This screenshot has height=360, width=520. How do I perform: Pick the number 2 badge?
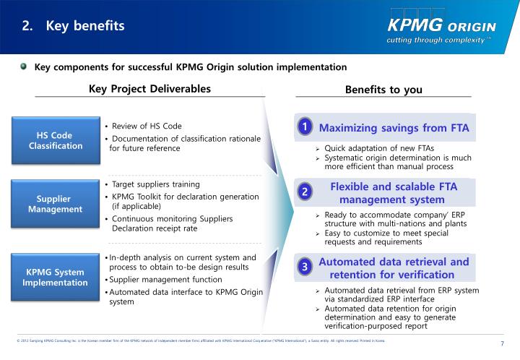tap(305, 192)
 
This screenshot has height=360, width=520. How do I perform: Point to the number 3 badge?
tap(305, 267)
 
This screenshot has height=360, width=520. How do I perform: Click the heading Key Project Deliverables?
tap(149, 89)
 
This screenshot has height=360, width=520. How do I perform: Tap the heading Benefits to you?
tap(383, 90)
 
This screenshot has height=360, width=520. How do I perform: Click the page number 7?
tap(502, 343)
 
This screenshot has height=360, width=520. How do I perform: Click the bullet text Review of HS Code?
tap(147, 126)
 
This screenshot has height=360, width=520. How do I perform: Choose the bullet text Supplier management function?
tap(166, 279)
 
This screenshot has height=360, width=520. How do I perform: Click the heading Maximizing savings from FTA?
tap(394, 128)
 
